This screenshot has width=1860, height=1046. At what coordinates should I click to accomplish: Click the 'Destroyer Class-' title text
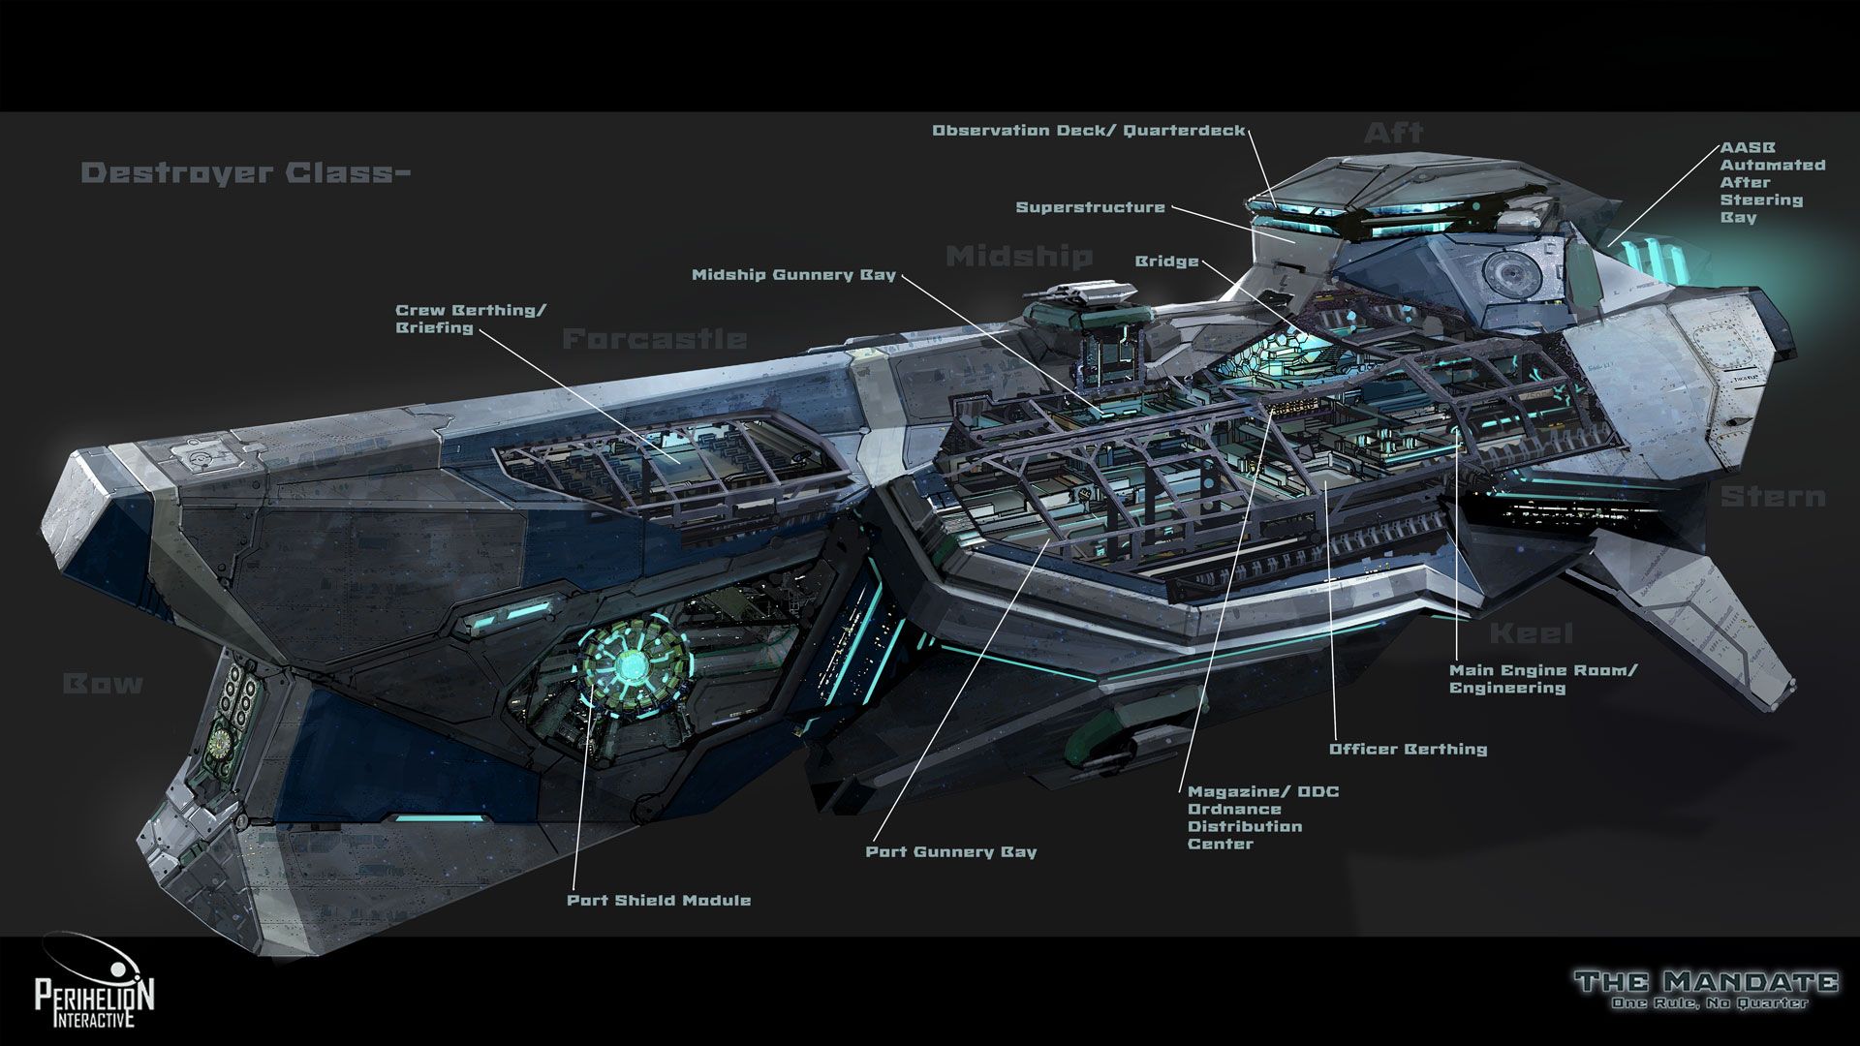coord(246,173)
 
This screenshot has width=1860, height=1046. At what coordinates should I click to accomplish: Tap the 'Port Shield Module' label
coord(659,901)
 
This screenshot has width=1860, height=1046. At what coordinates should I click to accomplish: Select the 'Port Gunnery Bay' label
coord(950,852)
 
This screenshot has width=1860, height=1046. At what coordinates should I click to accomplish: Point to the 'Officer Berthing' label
coord(1408,749)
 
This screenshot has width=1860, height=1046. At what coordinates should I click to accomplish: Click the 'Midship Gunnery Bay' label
coord(793,275)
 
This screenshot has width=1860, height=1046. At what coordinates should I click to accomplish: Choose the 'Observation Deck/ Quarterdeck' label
coord(1088,131)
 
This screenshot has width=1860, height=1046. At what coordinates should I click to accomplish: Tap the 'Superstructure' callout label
coord(1090,207)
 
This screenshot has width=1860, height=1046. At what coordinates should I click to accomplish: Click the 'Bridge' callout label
coord(1166,261)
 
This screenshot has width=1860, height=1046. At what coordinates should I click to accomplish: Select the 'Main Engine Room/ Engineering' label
coord(1542,679)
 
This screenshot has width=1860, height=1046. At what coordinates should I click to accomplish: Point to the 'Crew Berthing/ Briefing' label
coord(471,319)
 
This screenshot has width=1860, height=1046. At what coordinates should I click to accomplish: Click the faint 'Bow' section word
coord(103,684)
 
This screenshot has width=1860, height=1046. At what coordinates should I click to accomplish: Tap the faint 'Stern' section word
coord(1773,497)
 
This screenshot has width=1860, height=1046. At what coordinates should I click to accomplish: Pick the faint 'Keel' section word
coord(1531,633)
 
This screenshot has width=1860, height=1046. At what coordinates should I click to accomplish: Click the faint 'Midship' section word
coord(1018,257)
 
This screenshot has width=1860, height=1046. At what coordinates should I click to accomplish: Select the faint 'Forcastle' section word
coord(655,339)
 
